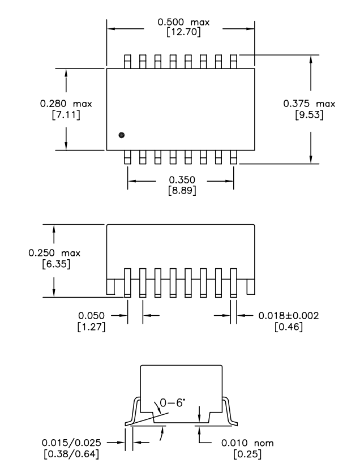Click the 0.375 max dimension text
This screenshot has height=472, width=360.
[308, 104]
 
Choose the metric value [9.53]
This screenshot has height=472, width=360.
[308, 115]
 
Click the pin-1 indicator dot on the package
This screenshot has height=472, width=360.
[121, 135]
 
